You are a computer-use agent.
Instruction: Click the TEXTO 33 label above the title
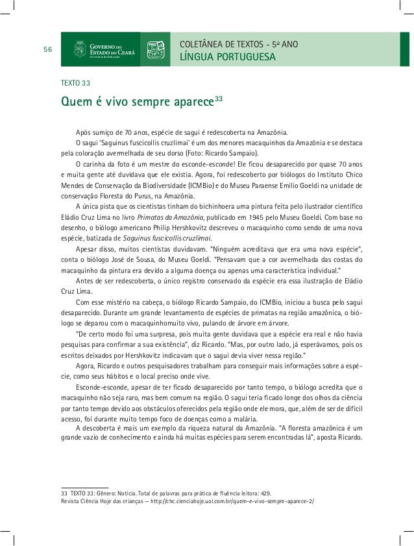[75, 84]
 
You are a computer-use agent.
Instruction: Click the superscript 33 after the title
[219, 99]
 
